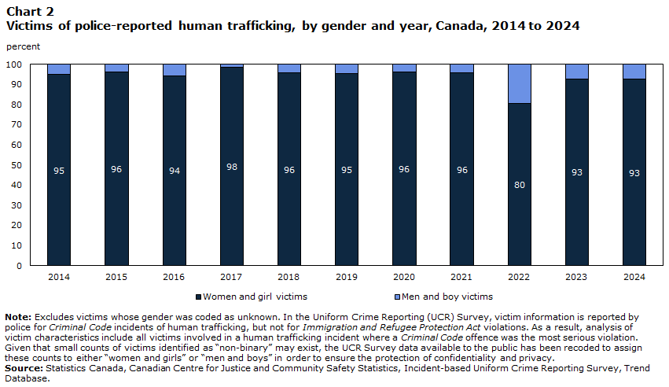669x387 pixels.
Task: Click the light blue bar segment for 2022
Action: click(x=520, y=84)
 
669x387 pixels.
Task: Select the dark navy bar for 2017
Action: click(x=232, y=167)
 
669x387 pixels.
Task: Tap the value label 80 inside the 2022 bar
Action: click(x=520, y=185)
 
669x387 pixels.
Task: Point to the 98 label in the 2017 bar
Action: click(x=232, y=167)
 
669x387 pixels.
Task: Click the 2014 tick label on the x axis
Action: click(x=59, y=277)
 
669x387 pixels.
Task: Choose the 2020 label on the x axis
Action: click(x=404, y=277)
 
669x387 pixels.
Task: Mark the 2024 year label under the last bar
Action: click(x=634, y=277)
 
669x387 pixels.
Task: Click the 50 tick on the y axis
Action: click(x=17, y=165)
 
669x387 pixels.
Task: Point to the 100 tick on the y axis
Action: click(x=13, y=64)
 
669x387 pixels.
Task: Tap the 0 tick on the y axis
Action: click(x=19, y=266)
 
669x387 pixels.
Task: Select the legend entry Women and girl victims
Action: click(x=252, y=297)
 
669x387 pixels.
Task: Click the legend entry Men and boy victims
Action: click(x=443, y=297)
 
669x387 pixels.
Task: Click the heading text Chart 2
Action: click(x=31, y=12)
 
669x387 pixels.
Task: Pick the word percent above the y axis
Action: click(x=23, y=46)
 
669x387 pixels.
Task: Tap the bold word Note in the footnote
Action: click(x=18, y=317)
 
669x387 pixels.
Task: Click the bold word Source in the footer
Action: click(x=24, y=368)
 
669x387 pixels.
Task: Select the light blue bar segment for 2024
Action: click(x=634, y=72)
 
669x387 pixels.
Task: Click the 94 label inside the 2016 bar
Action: click(x=174, y=171)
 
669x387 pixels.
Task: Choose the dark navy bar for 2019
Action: click(x=347, y=169)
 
